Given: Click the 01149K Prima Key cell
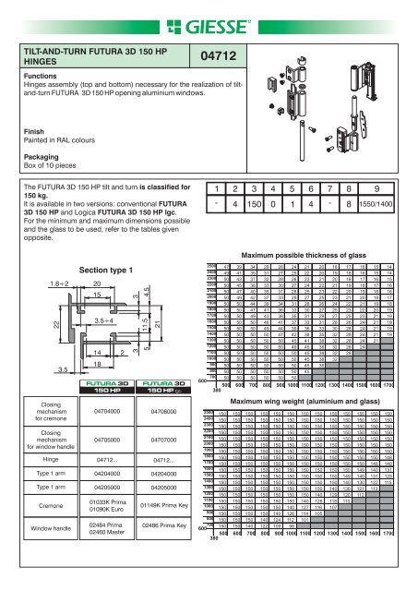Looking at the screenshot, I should (165, 533).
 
